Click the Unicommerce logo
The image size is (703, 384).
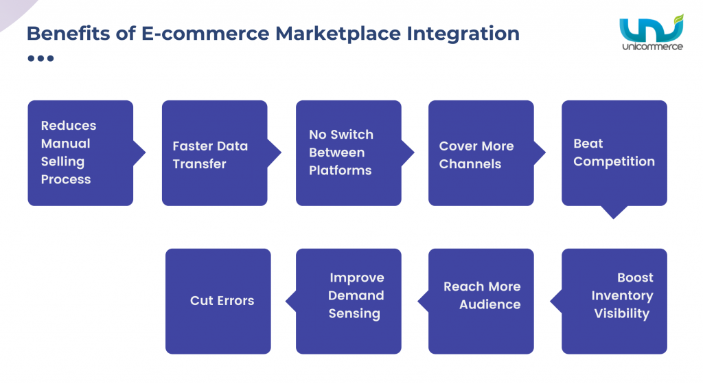651,34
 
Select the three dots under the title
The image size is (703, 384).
41,58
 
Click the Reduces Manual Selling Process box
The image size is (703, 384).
80,153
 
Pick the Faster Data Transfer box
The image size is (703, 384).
214,153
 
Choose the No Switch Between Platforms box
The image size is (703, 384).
348,153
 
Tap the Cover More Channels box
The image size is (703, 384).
481,153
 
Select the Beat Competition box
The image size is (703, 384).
614,153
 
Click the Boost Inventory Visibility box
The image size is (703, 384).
614,301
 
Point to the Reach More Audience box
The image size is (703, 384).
481,301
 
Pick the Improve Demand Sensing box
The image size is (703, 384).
348,301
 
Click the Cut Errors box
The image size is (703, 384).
218,301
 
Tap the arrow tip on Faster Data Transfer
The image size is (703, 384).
276,153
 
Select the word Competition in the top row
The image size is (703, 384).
614,161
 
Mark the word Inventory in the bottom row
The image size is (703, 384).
622,295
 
